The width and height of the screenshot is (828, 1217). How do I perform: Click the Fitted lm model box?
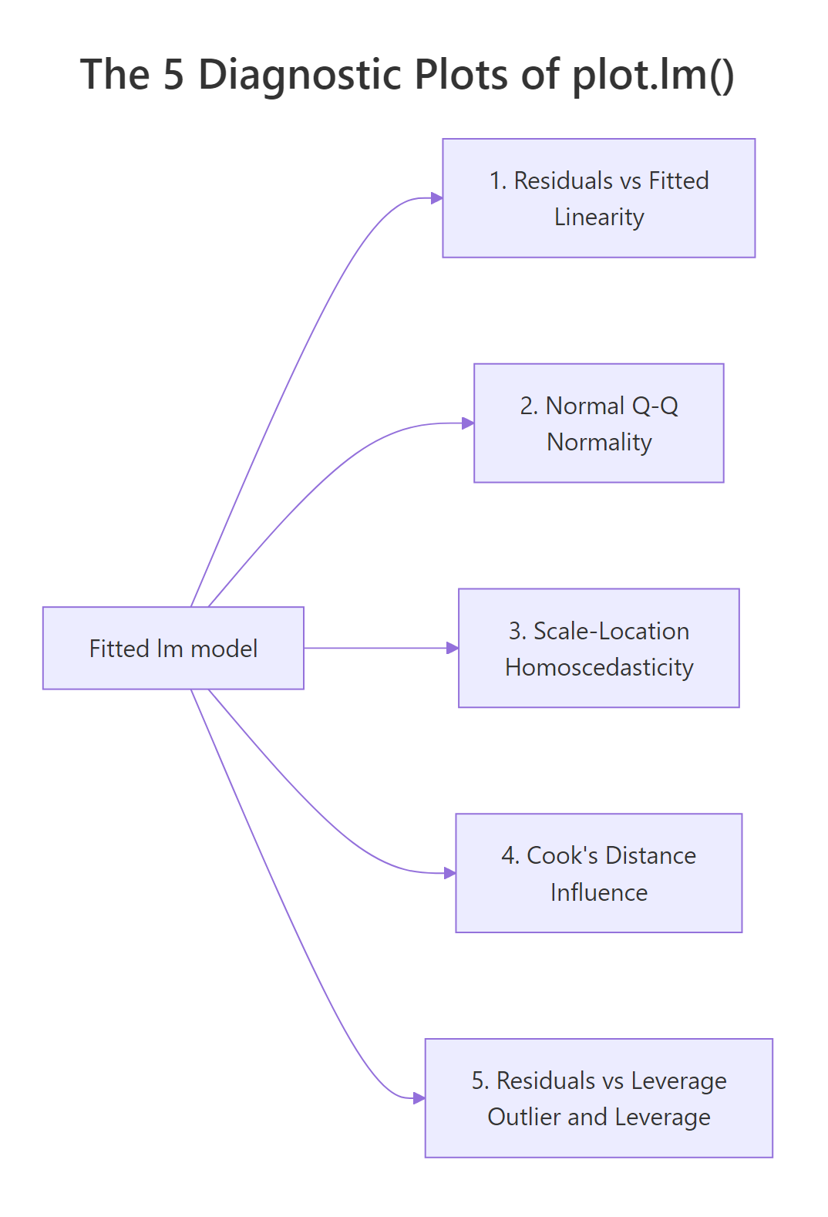pos(173,648)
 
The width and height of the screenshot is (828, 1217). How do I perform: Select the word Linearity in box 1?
pos(599,217)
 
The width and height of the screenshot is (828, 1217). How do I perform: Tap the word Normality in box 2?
pos(599,443)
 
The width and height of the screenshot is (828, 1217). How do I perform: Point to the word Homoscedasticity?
pos(599,668)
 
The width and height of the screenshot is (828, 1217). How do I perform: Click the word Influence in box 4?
pos(599,893)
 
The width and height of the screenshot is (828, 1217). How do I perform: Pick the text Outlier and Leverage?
pos(599,1118)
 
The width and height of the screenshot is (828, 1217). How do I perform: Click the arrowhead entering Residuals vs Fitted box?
pos(437,198)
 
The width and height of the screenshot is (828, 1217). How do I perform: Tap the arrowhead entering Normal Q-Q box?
pos(468,423)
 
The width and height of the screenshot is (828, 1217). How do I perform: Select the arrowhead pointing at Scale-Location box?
pos(453,648)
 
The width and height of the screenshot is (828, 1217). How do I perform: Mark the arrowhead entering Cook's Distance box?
pos(450,873)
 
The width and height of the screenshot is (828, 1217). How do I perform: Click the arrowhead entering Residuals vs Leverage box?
pos(419,1098)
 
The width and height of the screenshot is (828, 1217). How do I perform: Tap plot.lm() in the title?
pos(652,75)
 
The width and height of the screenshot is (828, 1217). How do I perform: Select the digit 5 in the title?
pos(173,75)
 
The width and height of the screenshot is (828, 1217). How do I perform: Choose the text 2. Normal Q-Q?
pos(599,406)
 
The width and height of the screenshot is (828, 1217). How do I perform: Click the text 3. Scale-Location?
pos(599,631)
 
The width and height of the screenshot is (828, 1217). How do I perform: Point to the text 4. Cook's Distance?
pos(599,856)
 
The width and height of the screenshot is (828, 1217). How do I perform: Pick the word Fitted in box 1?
pos(678,180)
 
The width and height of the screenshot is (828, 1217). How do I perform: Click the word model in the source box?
pos(224,649)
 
